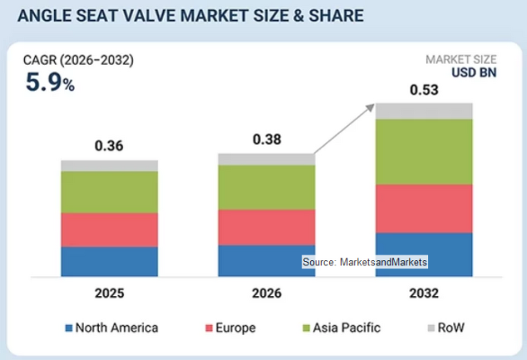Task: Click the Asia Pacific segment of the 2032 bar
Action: click(424, 152)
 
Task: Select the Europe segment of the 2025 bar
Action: click(109, 229)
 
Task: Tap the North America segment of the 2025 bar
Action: click(109, 262)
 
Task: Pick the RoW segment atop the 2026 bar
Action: click(266, 159)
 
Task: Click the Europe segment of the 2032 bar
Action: click(424, 209)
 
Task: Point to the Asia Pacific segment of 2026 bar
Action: click(266, 187)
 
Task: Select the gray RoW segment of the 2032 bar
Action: click(424, 111)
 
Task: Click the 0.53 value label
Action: click(424, 90)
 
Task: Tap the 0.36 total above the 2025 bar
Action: click(109, 146)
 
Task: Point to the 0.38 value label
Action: click(267, 139)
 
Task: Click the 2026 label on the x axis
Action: click(267, 293)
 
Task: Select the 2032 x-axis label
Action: click(424, 293)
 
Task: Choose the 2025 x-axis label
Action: click(110, 293)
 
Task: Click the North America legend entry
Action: click(112, 328)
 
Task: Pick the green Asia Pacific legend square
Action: click(306, 328)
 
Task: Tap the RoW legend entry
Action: click(446, 328)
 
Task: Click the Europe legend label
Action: click(236, 328)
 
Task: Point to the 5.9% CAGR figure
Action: click(50, 83)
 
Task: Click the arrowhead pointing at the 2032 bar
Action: click(370, 108)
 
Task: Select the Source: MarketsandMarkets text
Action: click(364, 262)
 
